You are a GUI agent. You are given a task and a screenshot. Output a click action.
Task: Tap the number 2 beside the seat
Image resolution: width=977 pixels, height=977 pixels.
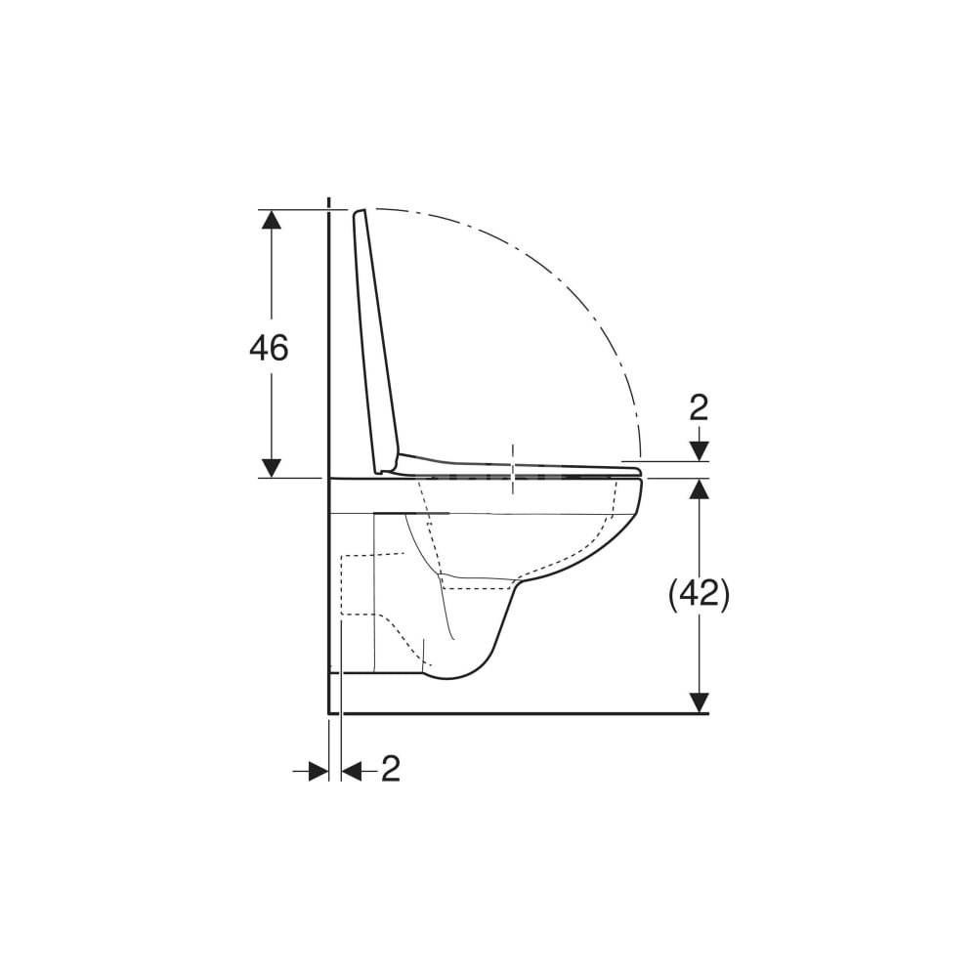point(700,408)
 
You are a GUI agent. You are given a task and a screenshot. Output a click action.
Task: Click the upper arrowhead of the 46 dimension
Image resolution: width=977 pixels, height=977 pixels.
point(271,220)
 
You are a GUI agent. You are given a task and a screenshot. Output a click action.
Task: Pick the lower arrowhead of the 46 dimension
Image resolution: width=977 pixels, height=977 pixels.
point(271,468)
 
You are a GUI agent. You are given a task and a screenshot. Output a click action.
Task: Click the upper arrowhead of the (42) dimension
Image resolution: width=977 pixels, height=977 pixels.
point(700,488)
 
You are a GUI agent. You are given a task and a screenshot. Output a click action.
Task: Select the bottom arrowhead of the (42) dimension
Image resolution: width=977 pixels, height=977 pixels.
point(700,702)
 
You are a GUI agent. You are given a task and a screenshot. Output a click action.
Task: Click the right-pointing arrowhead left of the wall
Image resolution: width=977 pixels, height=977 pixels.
point(319,771)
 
